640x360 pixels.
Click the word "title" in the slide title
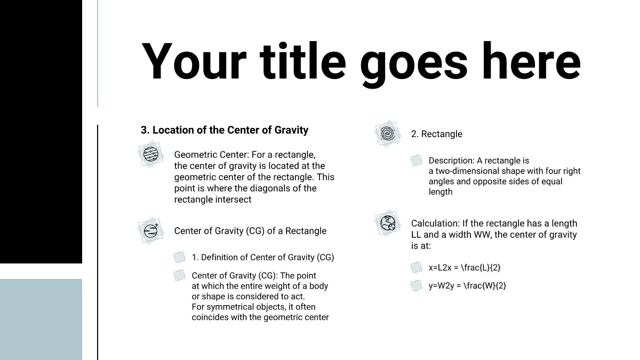pyautogui.click(x=302, y=61)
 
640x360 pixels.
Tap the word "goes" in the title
pyautogui.click(x=414, y=65)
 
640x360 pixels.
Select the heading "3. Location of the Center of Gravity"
pyautogui.click(x=225, y=130)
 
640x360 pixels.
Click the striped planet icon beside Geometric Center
pyautogui.click(x=150, y=154)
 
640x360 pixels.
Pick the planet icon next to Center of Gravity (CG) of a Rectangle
pyautogui.click(x=150, y=231)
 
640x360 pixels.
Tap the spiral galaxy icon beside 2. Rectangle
pyautogui.click(x=388, y=134)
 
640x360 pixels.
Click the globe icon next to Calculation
pyautogui.click(x=388, y=223)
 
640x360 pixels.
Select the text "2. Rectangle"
pyautogui.click(x=437, y=134)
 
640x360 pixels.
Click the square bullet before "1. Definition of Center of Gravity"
pyautogui.click(x=179, y=257)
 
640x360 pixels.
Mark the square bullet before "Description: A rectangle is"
pyautogui.click(x=417, y=160)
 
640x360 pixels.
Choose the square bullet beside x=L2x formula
pyautogui.click(x=417, y=267)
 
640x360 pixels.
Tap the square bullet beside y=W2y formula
pyautogui.click(x=417, y=285)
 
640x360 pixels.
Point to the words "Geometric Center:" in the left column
pyautogui.click(x=212, y=155)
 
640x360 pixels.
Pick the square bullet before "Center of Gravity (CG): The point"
pyautogui.click(x=179, y=275)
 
